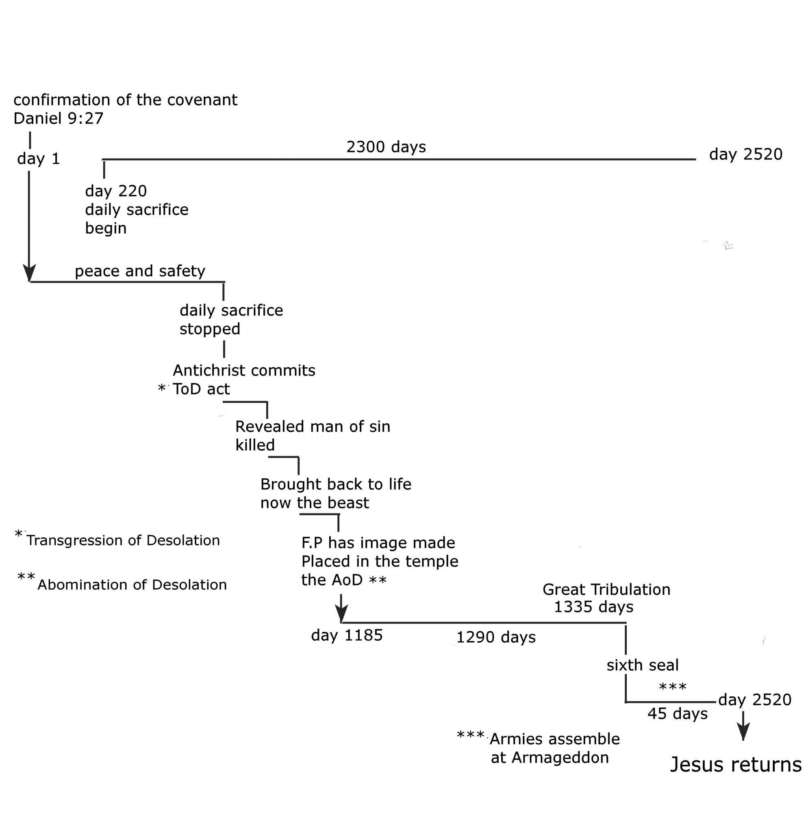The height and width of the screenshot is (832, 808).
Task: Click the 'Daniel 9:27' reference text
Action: (58, 119)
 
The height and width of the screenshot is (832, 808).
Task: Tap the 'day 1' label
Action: (39, 159)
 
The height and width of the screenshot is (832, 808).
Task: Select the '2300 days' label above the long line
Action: (386, 147)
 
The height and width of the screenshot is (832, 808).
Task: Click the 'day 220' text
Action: (116, 191)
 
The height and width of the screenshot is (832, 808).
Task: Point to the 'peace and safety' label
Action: (140, 271)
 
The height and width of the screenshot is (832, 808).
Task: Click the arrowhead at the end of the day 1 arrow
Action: (29, 273)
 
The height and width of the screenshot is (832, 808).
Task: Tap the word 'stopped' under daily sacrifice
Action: (210, 329)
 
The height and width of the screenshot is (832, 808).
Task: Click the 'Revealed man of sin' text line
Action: (313, 427)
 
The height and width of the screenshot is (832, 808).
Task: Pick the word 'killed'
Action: (255, 445)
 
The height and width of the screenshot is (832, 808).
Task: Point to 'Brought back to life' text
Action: (335, 484)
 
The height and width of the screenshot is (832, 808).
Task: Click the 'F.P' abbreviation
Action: (312, 543)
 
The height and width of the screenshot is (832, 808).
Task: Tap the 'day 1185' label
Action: (347, 635)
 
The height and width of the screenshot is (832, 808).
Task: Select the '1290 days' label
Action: (495, 637)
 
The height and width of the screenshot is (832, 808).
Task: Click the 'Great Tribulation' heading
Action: (606, 589)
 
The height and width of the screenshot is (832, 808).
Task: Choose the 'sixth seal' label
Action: (643, 665)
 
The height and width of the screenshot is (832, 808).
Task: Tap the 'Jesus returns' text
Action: (735, 765)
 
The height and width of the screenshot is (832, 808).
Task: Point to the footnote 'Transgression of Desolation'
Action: (123, 540)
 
